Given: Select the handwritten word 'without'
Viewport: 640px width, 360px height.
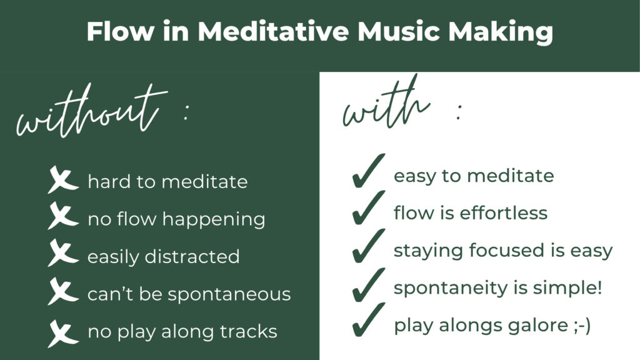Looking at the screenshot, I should click(87, 112).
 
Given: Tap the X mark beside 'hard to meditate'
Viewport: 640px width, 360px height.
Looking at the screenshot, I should click(62, 182).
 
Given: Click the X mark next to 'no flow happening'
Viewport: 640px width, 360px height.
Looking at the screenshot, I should click(62, 219).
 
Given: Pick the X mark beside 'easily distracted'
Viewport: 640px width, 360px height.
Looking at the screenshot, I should click(62, 256).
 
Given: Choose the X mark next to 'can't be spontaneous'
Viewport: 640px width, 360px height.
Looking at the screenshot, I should click(62, 294).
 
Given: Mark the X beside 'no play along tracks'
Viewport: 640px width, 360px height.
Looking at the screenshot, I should click(62, 331).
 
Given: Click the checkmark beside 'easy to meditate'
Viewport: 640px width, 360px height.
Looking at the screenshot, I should click(368, 173).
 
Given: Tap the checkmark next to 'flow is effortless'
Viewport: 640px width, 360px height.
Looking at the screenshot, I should click(368, 209).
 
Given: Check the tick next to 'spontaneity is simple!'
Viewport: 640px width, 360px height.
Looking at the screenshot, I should click(368, 286).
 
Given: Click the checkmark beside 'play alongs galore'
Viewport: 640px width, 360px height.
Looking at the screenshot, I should click(368, 322).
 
